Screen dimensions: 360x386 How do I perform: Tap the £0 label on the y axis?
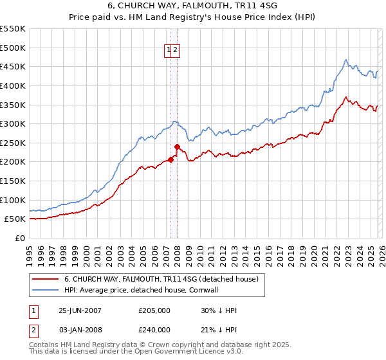[x=20, y=238]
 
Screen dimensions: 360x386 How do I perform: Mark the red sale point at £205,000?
[x=171, y=160]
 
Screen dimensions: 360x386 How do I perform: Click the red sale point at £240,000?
[x=177, y=147]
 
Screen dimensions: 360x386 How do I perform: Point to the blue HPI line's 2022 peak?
[x=345, y=60]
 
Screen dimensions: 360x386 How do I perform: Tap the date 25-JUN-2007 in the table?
[x=80, y=310]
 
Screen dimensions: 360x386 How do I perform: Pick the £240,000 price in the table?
[x=154, y=329]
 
